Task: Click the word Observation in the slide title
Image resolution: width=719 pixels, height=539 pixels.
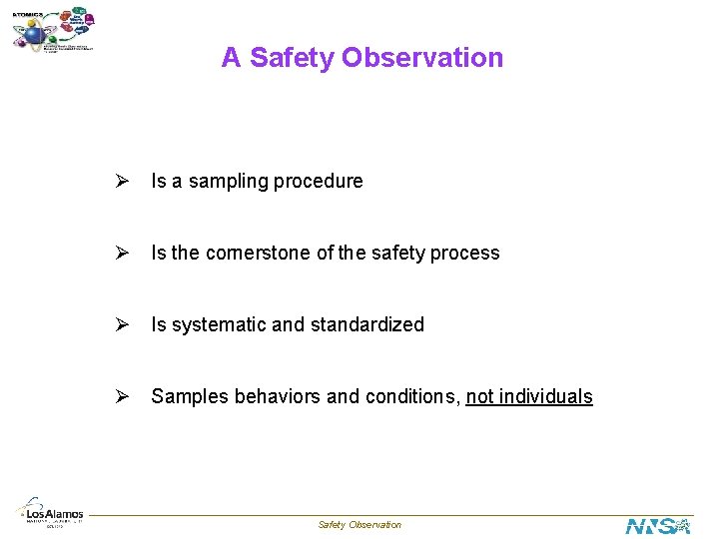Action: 422,58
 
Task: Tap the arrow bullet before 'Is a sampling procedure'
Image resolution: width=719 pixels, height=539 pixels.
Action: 121,181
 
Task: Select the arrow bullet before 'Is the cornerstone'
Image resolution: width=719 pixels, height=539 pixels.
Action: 121,253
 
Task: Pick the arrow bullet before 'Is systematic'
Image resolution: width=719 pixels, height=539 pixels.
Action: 121,324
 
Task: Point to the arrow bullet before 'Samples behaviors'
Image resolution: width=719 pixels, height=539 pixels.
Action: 121,396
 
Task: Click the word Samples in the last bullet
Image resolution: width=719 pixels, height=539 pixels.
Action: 189,397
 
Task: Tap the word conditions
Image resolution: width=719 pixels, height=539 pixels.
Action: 411,397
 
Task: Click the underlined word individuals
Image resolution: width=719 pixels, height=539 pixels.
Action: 545,397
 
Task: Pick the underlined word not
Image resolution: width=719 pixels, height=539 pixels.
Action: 479,397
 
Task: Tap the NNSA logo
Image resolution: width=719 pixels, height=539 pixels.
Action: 657,525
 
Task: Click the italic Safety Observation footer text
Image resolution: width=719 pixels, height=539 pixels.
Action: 359,525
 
